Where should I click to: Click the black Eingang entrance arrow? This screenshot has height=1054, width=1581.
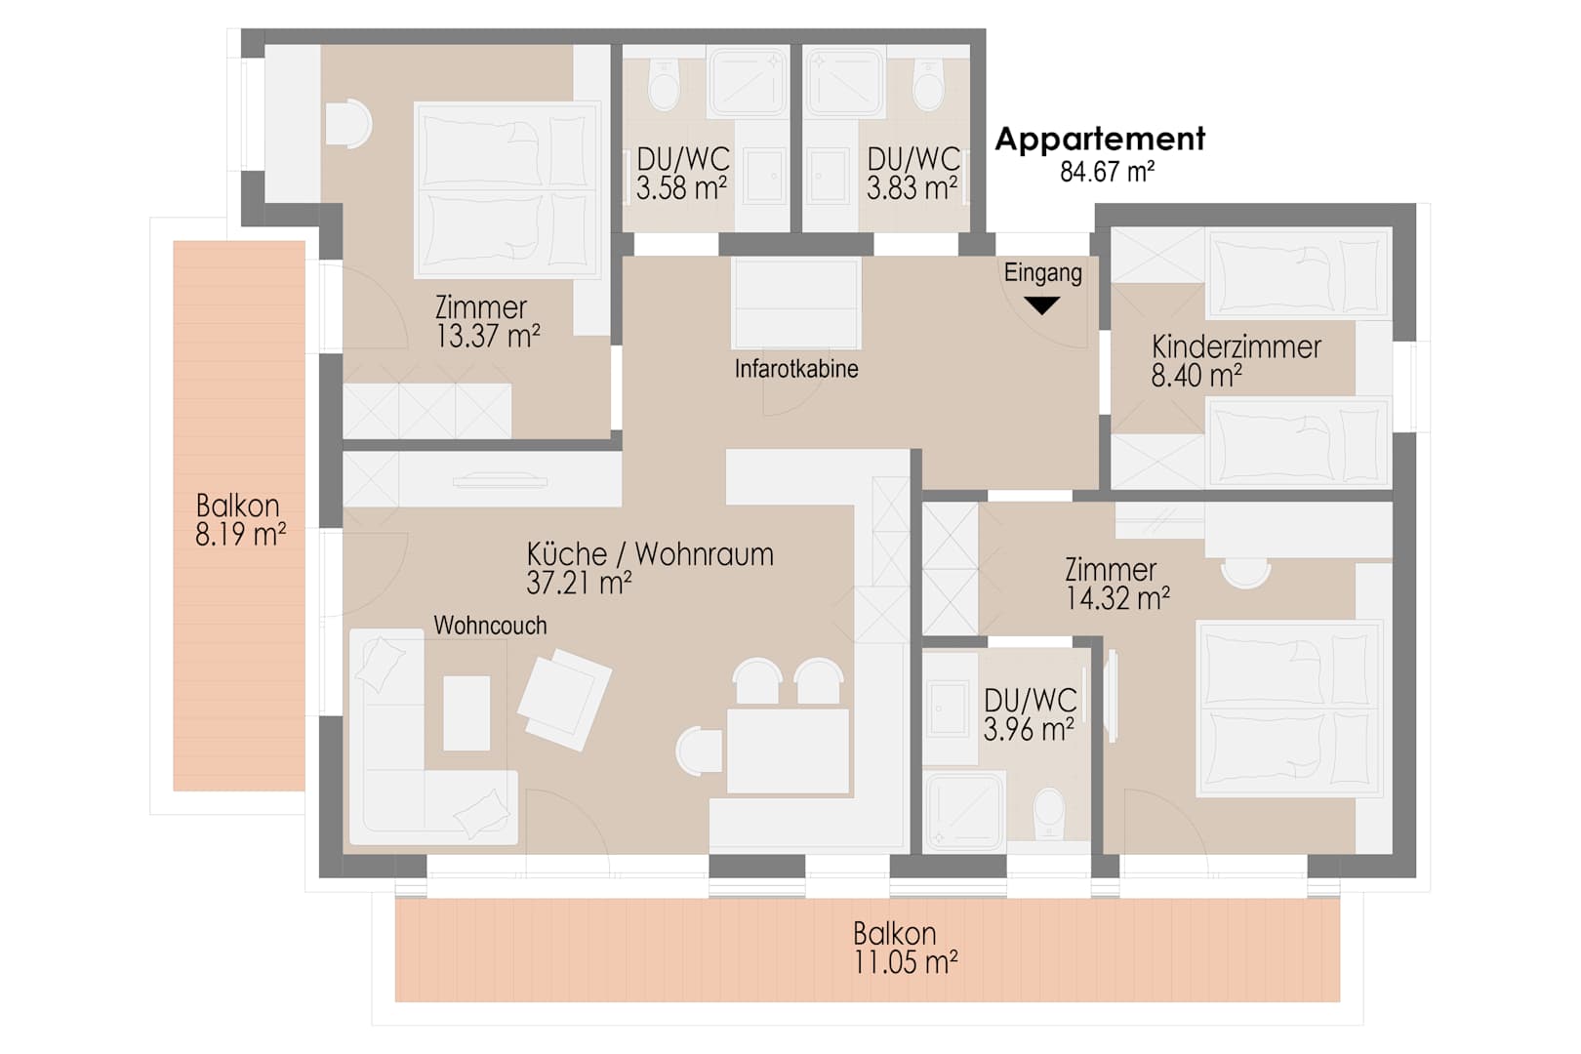[x=1041, y=305]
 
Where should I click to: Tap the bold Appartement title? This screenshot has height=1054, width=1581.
[x=1100, y=140]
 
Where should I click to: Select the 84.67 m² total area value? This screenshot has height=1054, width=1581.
[x=1108, y=172]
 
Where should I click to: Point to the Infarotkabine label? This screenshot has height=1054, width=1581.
[x=796, y=369]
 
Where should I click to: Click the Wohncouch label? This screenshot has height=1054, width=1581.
[x=490, y=625]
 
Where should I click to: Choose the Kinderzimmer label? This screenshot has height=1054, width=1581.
[x=1236, y=346]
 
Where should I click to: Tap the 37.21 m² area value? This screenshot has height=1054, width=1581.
[x=579, y=584]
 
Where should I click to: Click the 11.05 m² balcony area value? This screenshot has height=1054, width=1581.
[x=906, y=962]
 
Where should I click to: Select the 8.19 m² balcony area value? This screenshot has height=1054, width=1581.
[x=241, y=535]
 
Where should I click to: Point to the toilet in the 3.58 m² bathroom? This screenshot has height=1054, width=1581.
[x=664, y=85]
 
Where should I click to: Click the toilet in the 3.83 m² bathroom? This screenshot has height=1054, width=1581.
[x=928, y=85]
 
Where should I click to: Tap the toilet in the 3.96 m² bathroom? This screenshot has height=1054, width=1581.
[x=1049, y=813]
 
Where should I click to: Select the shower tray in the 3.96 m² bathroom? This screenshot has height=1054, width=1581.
[x=964, y=810]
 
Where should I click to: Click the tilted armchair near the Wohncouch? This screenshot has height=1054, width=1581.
[x=565, y=699]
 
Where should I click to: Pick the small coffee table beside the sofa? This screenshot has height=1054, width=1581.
[x=466, y=713]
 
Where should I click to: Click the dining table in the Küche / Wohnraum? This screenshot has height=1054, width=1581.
[x=788, y=751]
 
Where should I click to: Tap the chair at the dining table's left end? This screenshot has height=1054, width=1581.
[x=699, y=751]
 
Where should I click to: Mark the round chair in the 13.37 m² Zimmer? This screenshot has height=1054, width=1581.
[x=348, y=124]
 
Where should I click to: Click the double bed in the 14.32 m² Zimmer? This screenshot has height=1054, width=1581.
[x=1289, y=709]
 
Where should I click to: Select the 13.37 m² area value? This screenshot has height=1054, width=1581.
[x=488, y=336]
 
